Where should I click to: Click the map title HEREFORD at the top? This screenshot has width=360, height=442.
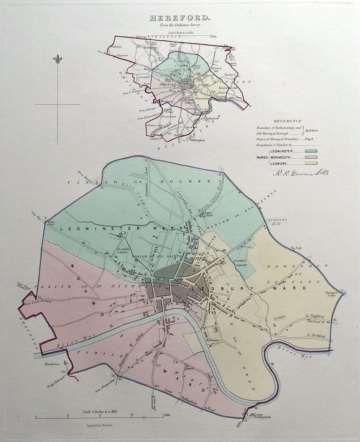[180, 19]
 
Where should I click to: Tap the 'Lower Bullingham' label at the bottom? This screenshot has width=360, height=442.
[261, 416]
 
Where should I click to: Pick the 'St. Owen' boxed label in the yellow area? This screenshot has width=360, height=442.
[279, 317]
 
